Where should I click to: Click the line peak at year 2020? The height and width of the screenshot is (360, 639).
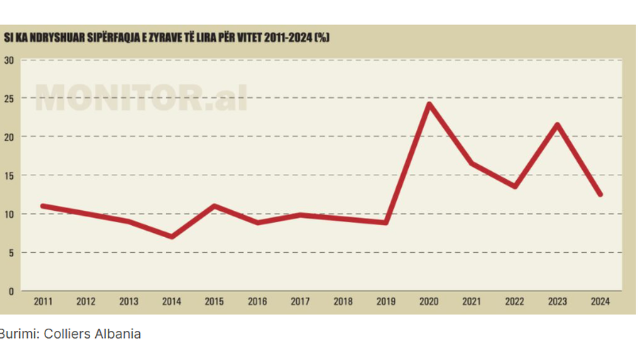click(x=429, y=104)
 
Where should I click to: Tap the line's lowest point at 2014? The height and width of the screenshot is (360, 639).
click(x=171, y=236)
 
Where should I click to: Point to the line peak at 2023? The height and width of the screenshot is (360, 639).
click(x=558, y=125)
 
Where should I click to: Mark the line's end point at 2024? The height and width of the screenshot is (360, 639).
click(x=601, y=194)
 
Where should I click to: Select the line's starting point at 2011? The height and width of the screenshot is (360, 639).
click(x=43, y=206)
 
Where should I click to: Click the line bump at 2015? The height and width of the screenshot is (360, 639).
click(x=214, y=206)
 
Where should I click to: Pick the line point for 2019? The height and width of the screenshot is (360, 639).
click(x=386, y=222)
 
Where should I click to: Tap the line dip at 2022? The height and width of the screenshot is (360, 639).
click(x=515, y=186)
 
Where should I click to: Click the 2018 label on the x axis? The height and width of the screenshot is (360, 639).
click(x=343, y=301)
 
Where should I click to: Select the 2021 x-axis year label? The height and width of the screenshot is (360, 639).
click(x=471, y=301)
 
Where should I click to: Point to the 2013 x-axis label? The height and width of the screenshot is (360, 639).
click(x=129, y=301)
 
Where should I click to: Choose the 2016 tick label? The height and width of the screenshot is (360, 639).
click(x=257, y=301)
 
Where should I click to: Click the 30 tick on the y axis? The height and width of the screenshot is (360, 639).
click(x=9, y=60)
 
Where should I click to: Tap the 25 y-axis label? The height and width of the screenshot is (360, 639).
click(x=9, y=98)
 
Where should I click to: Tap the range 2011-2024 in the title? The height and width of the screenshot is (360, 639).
click(x=288, y=38)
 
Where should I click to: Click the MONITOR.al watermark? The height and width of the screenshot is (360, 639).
click(x=141, y=97)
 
